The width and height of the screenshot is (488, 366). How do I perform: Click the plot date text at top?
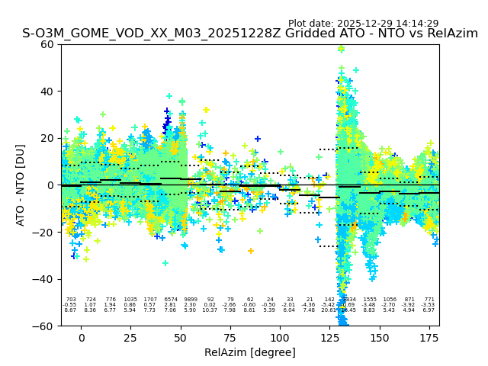[363, 24]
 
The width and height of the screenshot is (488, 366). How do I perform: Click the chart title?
[250, 34]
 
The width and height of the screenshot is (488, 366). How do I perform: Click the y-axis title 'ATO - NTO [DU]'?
[21, 185]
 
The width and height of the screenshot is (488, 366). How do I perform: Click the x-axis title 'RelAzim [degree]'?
[249, 352]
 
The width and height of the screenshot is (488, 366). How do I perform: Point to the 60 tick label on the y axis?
[47, 44]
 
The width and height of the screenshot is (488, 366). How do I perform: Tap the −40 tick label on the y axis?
[44, 279]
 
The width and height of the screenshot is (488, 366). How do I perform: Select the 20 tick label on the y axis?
[47, 138]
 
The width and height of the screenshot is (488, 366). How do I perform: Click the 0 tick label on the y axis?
[50, 185]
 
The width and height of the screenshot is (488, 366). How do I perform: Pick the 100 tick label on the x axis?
[280, 338]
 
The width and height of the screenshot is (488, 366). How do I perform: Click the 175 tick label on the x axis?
[429, 338]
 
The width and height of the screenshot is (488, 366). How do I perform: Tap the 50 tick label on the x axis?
[181, 338]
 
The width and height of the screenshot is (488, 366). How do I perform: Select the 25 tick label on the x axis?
[130, 338]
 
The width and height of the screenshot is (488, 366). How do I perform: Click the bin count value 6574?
[170, 300]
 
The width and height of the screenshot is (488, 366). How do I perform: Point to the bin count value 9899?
[190, 300]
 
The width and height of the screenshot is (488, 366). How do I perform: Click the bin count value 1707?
[150, 300]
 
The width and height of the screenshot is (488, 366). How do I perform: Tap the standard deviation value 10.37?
[210, 310]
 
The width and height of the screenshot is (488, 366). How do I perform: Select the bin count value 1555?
[370, 300]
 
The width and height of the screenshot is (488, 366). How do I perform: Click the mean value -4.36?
[309, 305]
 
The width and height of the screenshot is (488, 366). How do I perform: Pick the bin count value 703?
[71, 300]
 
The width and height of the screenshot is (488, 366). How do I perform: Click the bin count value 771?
[429, 300]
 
